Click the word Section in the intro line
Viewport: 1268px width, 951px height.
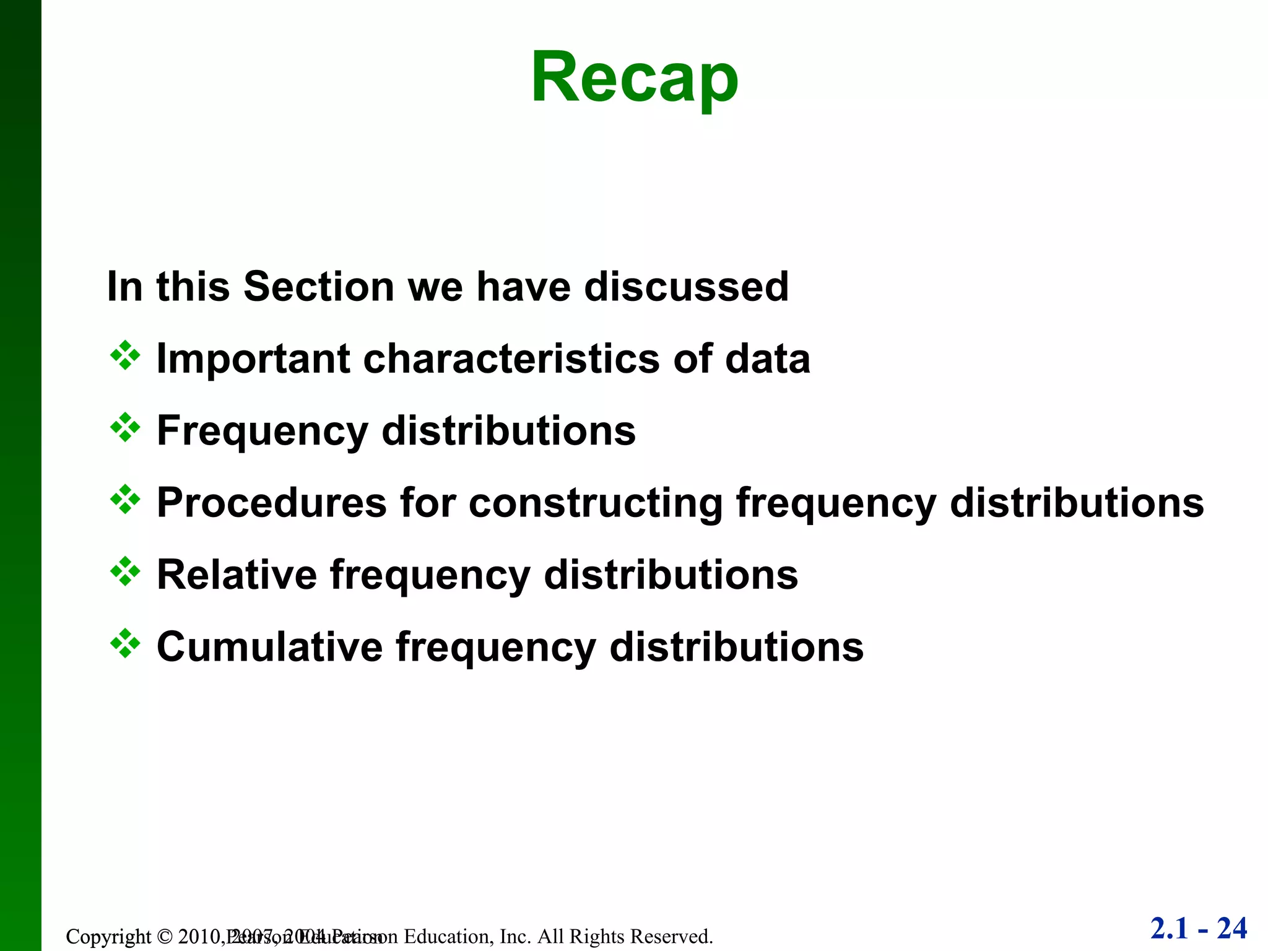[318, 287]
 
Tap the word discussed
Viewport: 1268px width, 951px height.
[686, 287]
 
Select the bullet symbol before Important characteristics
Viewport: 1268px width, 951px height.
[125, 356]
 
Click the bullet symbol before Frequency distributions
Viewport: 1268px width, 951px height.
[125, 428]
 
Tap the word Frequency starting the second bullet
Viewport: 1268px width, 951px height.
[263, 432]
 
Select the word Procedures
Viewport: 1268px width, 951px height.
[272, 503]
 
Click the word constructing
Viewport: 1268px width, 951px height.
[596, 503]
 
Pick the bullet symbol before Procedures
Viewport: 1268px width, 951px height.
[125, 500]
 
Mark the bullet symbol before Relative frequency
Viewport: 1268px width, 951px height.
[125, 572]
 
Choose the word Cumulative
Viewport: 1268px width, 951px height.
[270, 647]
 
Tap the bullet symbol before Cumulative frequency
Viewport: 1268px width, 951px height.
[125, 644]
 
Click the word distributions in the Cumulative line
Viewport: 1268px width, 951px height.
[736, 647]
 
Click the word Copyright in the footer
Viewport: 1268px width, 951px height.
[108, 937]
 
